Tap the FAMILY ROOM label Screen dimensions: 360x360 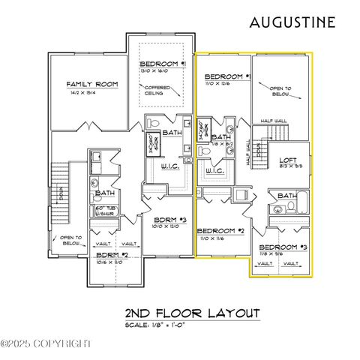pos(92,85)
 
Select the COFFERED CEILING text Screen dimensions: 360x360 pos(157,91)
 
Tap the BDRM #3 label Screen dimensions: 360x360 pos(166,220)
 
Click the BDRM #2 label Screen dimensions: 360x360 pos(111,256)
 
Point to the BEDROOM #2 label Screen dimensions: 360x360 pos(221,230)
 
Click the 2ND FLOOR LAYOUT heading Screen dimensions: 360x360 pos(192,313)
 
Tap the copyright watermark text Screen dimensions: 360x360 pos(46,343)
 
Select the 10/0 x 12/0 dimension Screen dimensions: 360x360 pos(164,227)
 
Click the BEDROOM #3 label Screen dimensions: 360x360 pos(283,247)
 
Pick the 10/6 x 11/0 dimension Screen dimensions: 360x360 pos(109,262)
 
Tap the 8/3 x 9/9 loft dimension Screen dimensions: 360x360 pos(289,166)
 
